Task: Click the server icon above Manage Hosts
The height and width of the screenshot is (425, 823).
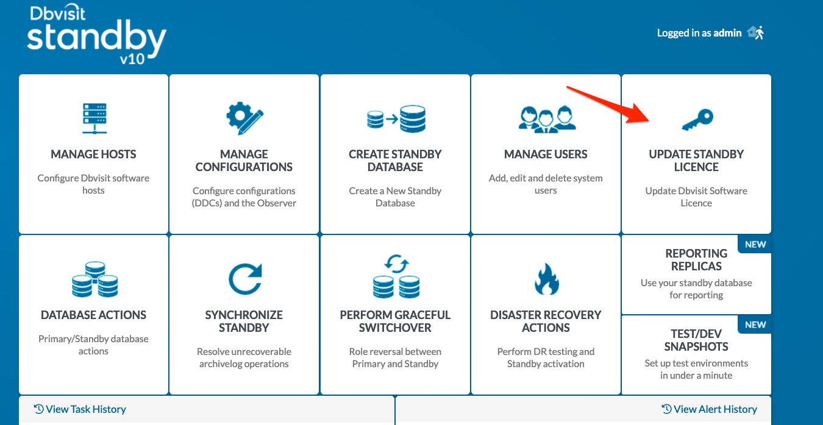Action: tap(94, 118)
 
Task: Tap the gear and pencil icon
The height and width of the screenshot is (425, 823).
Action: tap(244, 118)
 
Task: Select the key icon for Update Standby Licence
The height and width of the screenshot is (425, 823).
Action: tap(697, 120)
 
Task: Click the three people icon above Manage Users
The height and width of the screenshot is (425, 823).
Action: tap(547, 119)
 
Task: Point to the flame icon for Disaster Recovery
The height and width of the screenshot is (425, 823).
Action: tap(546, 279)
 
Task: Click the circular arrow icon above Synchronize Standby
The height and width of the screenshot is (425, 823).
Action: tap(245, 279)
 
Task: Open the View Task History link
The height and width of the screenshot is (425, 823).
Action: tap(80, 409)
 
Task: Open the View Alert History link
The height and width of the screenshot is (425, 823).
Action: tap(709, 409)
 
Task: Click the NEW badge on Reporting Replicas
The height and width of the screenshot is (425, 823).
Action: tap(755, 244)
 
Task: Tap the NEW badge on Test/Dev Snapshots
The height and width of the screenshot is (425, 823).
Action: tap(755, 325)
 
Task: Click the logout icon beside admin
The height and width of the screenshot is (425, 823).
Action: tap(756, 33)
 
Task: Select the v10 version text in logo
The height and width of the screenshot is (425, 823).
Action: tap(132, 58)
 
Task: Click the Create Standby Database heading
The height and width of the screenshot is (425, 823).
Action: tap(395, 160)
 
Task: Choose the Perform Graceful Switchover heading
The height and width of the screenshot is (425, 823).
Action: tap(395, 321)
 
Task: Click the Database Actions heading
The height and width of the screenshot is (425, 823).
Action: tap(93, 315)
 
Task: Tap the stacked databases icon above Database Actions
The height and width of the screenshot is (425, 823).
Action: tap(94, 279)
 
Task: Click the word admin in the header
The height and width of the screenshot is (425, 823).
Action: tap(727, 33)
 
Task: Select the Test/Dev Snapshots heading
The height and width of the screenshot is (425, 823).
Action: tap(696, 340)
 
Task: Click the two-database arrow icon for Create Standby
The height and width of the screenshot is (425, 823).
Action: tap(396, 119)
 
